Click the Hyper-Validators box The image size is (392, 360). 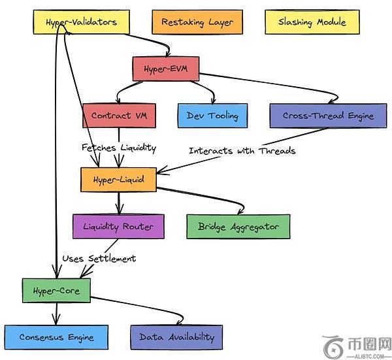pos(81,22)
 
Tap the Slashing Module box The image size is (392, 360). pos(312,22)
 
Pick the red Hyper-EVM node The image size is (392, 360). pos(165,68)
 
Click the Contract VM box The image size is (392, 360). pos(119,116)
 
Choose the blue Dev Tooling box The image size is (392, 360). pos(212,116)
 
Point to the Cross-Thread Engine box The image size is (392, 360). pos(328,116)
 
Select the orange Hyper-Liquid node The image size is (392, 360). pos(118,178)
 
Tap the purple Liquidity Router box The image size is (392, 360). pos(118,226)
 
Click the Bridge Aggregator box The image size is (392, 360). pos(238,227)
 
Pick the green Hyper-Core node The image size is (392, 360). pos(56,289)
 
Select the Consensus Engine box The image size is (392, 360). pos(56,337)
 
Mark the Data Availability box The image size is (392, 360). pos(176,337)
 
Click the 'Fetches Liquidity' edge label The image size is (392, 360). pos(119,148)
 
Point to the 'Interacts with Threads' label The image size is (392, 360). pos(242,151)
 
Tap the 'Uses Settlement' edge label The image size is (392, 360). pos(99,259)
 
